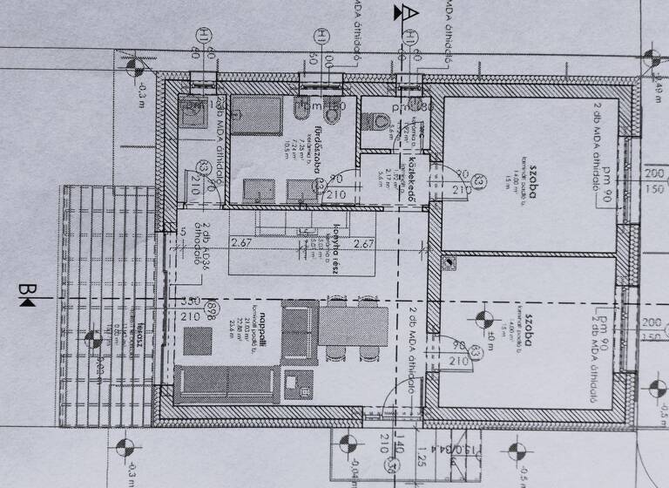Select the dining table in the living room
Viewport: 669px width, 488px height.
click(353, 326)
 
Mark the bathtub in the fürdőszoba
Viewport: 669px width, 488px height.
click(257, 115)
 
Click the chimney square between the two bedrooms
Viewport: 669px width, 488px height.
click(448, 261)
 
